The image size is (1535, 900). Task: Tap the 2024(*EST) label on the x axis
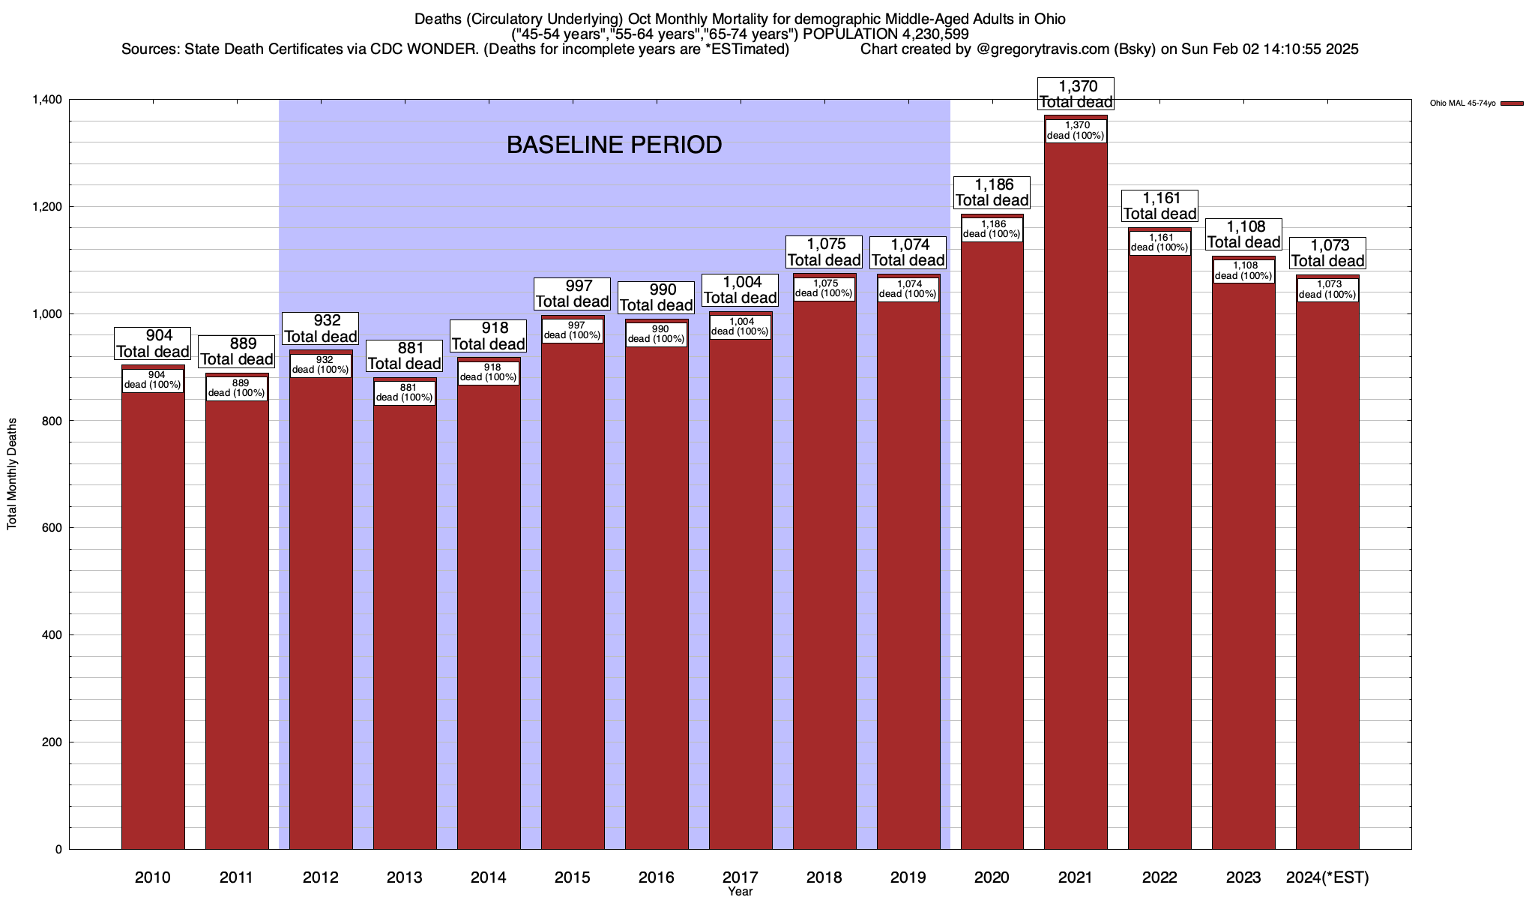1327,877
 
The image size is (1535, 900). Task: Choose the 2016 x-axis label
657,877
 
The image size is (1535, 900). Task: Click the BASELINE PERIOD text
614,145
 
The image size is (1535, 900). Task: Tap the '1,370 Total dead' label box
1076,94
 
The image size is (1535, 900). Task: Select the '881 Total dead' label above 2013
405,356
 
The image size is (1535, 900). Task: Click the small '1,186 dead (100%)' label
992,229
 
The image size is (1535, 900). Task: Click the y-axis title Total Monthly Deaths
12,474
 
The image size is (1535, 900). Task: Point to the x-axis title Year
740,892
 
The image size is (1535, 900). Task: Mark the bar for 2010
153,615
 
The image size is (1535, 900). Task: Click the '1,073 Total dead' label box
1327,253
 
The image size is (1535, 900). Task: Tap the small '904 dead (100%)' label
153,380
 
